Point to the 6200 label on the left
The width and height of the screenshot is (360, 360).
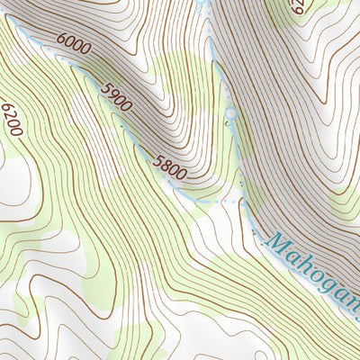coord(11,119)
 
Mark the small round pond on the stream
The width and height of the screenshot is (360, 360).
coord(230,113)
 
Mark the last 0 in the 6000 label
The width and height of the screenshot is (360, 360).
coord(85,49)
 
